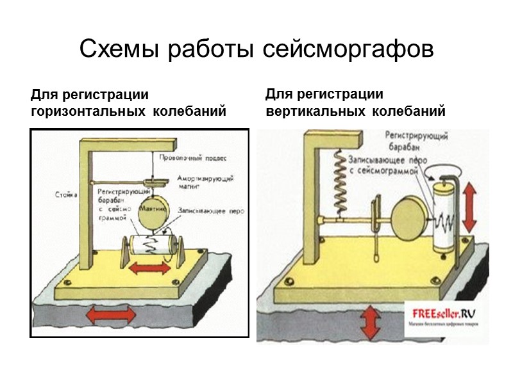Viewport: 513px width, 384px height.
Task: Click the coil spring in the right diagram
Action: coord(341,182)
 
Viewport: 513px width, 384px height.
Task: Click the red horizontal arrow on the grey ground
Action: coord(111,315)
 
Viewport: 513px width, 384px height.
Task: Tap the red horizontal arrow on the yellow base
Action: coord(149,269)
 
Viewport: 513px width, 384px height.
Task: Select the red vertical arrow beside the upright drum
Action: coord(469,206)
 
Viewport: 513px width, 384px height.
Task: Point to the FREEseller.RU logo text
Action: coord(443,314)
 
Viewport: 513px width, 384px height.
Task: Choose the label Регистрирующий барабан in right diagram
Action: coord(416,140)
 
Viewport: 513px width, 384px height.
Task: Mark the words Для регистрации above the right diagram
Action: coord(324,95)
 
